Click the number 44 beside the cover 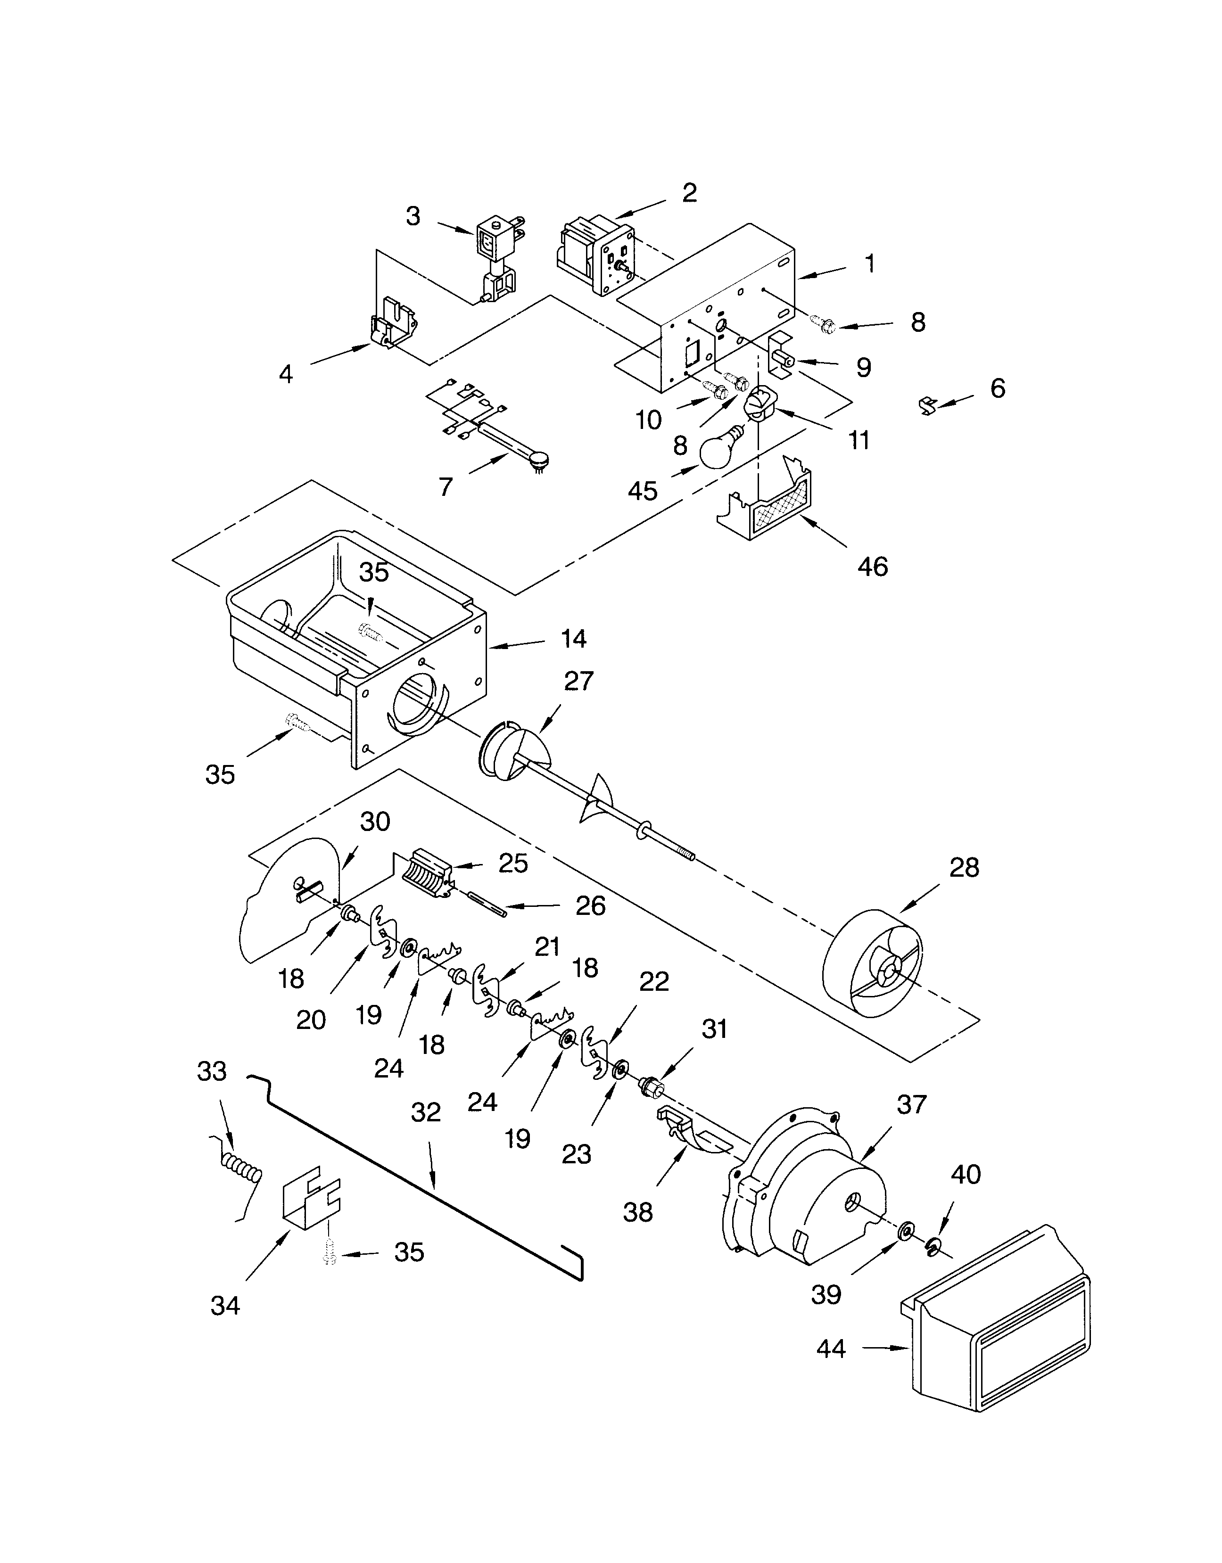click(831, 1349)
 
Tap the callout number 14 click(573, 638)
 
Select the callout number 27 click(578, 681)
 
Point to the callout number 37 click(911, 1105)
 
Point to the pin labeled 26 click(487, 903)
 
